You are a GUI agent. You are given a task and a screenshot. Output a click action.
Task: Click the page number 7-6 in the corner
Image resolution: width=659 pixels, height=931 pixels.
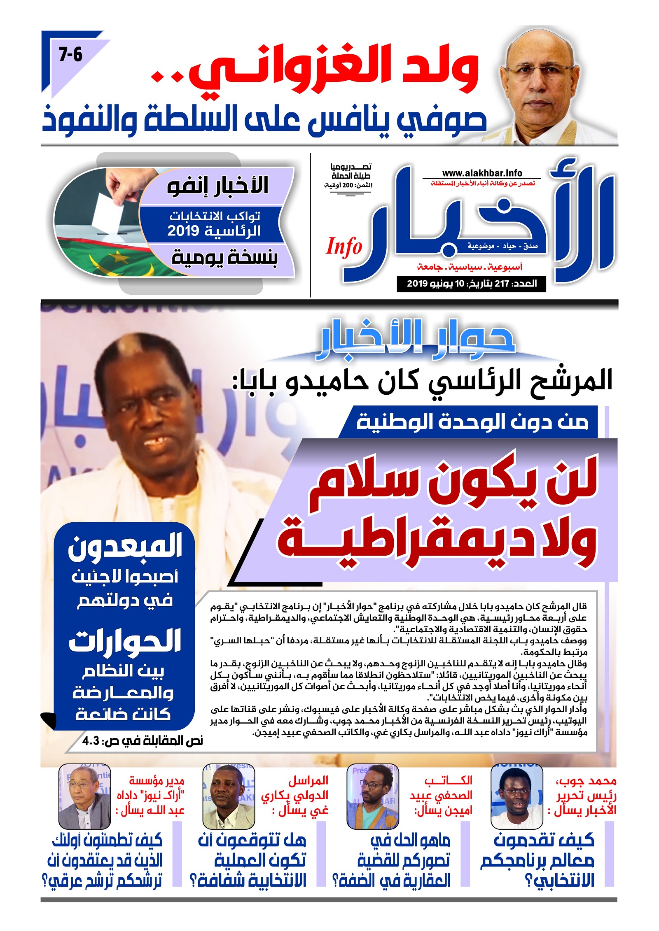tap(70, 55)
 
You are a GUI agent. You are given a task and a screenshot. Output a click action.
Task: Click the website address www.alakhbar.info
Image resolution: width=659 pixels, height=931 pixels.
tap(482, 173)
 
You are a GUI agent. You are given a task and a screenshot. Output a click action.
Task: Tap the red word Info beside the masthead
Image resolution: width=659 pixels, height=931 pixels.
tap(344, 247)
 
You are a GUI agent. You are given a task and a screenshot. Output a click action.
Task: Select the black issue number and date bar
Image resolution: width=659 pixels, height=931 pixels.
tap(471, 284)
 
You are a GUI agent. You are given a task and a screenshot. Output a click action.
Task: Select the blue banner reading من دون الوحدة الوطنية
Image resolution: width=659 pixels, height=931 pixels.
tap(472, 422)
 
